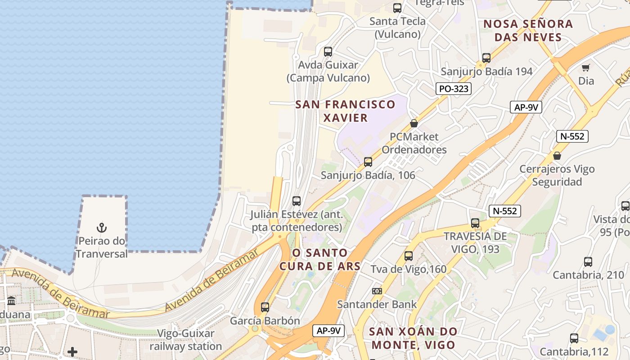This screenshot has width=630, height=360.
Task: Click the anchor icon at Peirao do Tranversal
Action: pyautogui.click(x=102, y=228)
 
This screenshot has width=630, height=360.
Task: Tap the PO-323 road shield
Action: pyautogui.click(x=454, y=89)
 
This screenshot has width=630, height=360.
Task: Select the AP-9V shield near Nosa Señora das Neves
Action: pyautogui.click(x=526, y=107)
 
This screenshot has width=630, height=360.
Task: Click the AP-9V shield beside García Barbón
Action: pyautogui.click(x=328, y=331)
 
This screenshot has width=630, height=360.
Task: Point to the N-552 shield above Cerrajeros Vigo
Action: pyautogui.click(x=572, y=136)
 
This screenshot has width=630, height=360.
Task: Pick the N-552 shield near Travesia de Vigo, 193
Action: pyautogui.click(x=504, y=211)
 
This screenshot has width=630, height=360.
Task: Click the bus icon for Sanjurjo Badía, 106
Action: pyautogui.click(x=368, y=162)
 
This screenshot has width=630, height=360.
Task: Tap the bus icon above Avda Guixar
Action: pyautogui.click(x=328, y=52)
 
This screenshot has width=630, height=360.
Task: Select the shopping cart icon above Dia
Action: pyautogui.click(x=585, y=68)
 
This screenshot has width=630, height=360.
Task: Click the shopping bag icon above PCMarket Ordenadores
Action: pyautogui.click(x=414, y=123)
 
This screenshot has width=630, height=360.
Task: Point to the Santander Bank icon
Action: pyautogui.click(x=377, y=291)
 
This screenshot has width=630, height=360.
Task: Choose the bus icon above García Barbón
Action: pyautogui.click(x=265, y=307)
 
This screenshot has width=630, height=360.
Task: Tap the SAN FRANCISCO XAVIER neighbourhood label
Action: pyautogui.click(x=345, y=111)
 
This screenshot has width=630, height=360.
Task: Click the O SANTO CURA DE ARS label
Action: pyautogui.click(x=320, y=259)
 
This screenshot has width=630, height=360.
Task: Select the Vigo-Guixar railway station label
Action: pyautogui.click(x=186, y=340)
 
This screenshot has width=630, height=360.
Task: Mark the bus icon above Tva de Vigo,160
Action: pyautogui.click(x=408, y=256)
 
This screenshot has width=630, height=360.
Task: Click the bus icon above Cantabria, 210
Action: pyautogui.click(x=588, y=262)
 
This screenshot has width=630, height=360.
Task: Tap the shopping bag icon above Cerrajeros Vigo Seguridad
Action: pyautogui.click(x=557, y=156)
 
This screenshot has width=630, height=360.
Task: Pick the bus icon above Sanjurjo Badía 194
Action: pyautogui.click(x=486, y=58)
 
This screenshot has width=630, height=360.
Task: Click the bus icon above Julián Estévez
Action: pyautogui.click(x=296, y=201)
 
